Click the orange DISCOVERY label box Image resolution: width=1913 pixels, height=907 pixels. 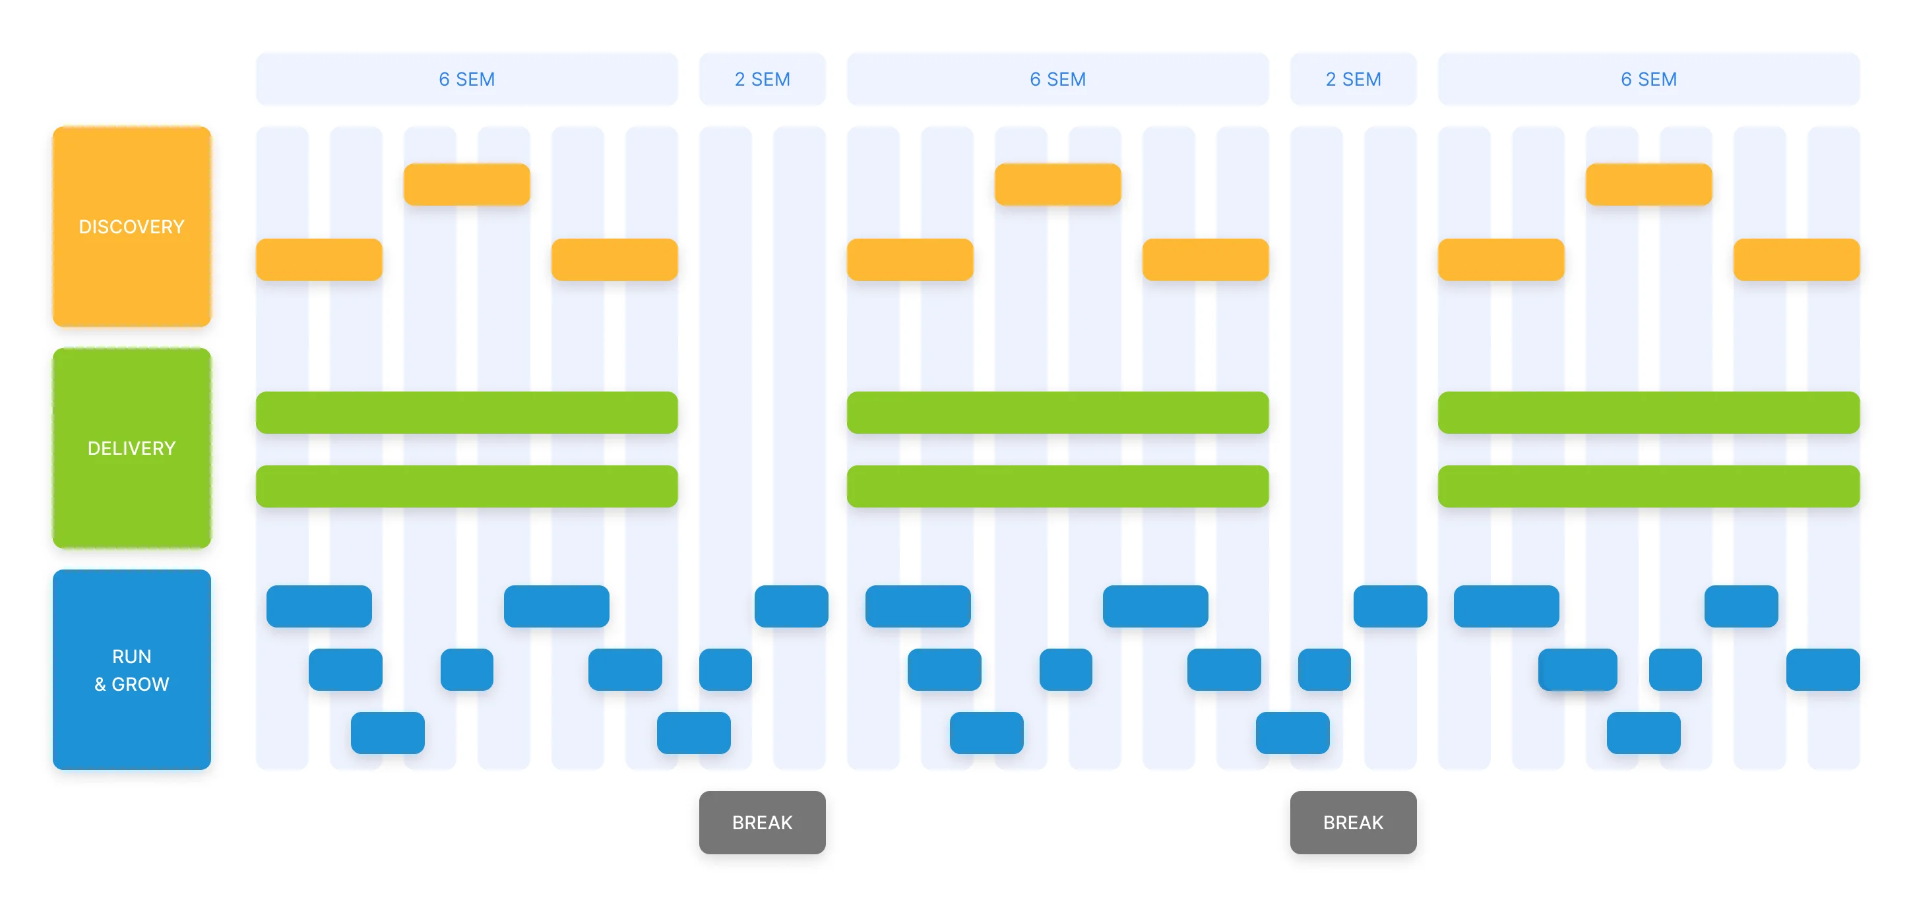point(131,226)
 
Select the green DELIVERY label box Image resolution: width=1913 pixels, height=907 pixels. point(131,448)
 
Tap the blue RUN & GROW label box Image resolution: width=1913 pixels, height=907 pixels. point(131,669)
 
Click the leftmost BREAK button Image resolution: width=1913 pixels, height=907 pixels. point(762,822)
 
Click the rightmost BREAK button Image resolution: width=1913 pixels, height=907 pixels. point(1352,822)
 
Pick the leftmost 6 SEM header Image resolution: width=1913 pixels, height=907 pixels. point(466,78)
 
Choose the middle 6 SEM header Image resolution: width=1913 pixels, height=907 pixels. point(1057,78)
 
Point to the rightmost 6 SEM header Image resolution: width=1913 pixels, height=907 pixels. point(1648,78)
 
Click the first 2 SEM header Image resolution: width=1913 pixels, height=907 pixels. point(762,78)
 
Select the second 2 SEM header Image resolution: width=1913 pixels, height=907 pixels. point(1352,78)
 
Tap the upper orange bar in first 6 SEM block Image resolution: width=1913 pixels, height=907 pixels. point(466,184)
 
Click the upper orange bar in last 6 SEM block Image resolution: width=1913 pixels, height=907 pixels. point(1648,184)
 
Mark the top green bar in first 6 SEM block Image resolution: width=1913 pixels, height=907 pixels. point(466,412)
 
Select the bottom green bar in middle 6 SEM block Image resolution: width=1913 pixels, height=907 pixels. point(1057,486)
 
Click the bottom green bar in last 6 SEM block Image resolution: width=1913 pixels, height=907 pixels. point(1648,486)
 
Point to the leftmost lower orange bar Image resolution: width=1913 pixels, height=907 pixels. point(319,259)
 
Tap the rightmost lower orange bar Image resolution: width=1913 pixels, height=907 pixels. point(1796,259)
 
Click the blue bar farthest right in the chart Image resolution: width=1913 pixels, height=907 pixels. point(1823,669)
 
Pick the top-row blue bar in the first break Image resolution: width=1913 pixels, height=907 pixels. point(791,606)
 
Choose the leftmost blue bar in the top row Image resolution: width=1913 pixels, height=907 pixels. point(319,606)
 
